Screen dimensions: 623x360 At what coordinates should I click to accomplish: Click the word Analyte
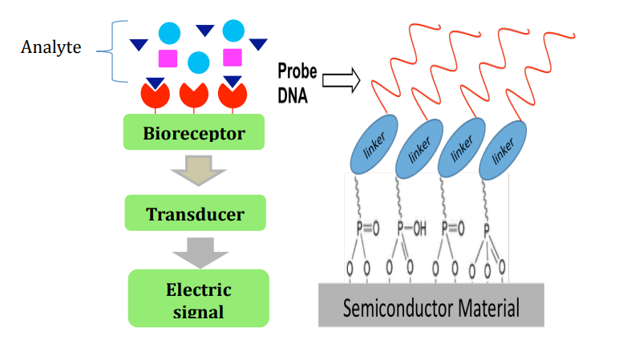pos(51,47)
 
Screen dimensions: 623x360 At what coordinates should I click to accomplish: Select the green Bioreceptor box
pos(194,132)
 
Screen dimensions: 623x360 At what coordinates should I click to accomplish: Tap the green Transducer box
pos(195,212)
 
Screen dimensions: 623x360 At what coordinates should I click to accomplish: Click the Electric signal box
pos(199,298)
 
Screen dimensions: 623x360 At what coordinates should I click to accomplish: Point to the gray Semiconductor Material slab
pos(431,305)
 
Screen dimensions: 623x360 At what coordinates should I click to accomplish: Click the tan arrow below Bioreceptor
pos(198,170)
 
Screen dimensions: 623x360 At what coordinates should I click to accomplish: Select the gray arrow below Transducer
pos(200,253)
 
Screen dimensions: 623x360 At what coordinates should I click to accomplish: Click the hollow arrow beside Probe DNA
pos(341,80)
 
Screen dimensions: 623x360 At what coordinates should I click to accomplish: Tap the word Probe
pos(297,71)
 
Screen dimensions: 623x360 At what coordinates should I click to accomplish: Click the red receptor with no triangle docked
pos(194,96)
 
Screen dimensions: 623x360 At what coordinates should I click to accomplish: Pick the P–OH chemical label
pos(412,229)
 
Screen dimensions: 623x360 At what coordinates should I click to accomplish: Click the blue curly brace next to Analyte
pos(113,51)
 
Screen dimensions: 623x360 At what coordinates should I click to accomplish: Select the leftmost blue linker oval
pos(374,144)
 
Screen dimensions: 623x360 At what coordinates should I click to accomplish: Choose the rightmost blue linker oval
pos(503,150)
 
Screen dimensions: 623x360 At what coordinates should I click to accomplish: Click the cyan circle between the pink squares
pos(199,63)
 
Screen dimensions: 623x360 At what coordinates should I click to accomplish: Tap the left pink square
pos(168,59)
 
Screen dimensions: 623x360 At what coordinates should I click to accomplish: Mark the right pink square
pos(233,57)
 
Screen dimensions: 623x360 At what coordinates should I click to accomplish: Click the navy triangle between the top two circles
pos(205,30)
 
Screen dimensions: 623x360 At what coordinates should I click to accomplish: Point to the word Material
pos(488,308)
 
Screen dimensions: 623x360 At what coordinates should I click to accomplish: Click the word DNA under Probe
pos(293,95)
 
